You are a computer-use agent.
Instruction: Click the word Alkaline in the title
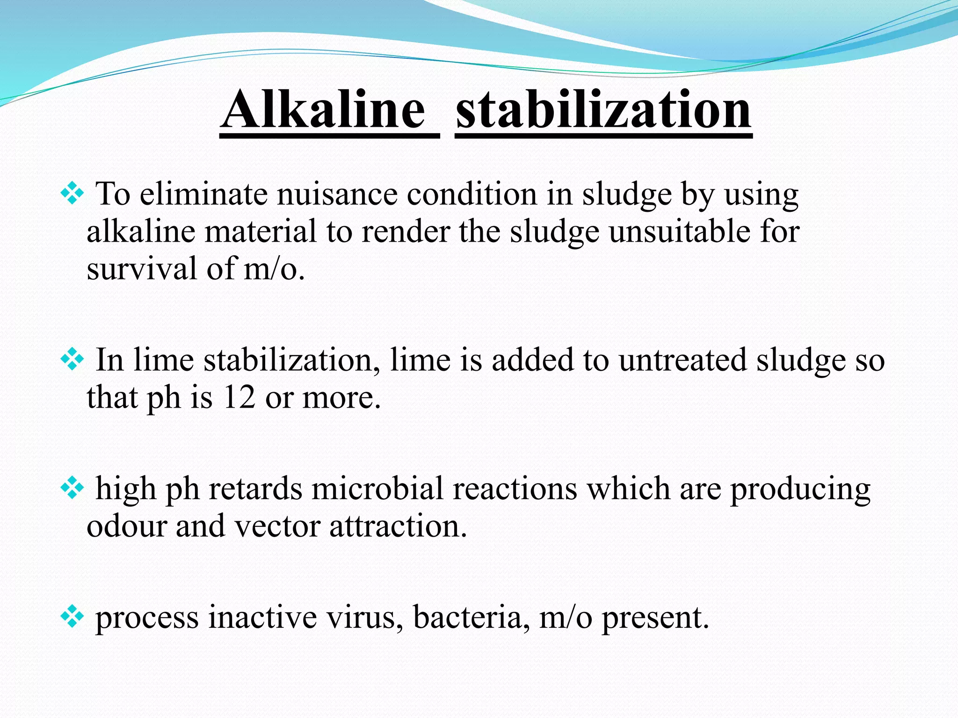pos(324,110)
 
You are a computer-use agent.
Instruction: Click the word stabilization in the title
pos(603,110)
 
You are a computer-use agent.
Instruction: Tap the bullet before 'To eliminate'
pos(72,194)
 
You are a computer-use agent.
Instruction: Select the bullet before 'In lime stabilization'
pos(72,359)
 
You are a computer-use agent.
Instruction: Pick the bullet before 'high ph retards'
pos(72,488)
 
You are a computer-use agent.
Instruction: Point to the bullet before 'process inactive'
pos(72,617)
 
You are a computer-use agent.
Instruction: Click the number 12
pos(239,398)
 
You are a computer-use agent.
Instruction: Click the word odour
pos(126,526)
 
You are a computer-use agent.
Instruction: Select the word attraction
pos(398,526)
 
